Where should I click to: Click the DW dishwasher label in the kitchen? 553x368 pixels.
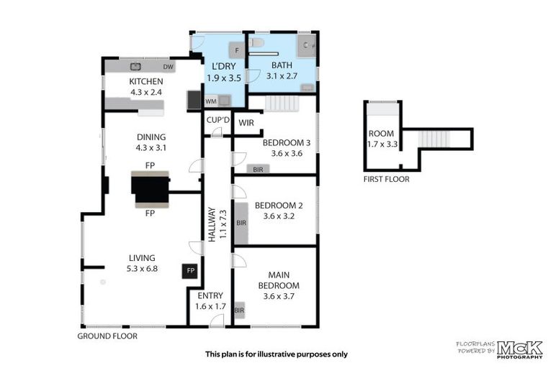coord(168,67)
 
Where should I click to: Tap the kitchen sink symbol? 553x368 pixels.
coord(136,66)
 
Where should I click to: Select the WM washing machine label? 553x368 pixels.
coord(211,101)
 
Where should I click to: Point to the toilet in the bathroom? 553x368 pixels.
coord(256,42)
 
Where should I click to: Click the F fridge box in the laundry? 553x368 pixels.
coord(237,50)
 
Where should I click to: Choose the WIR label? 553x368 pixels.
coord(246,123)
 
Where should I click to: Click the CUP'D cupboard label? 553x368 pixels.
coord(218,120)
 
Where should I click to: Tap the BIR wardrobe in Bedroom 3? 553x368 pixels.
coord(258,170)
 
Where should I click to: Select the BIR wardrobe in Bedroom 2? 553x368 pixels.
coord(241,224)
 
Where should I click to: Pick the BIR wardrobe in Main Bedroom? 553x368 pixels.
coord(240,310)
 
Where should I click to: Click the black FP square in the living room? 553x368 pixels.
coord(190,271)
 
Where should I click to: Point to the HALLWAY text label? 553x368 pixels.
coord(212,224)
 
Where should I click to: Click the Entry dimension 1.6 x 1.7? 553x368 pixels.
coord(210,306)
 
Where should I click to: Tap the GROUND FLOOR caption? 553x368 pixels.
coord(107,336)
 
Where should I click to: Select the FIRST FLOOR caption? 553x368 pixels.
coord(387,179)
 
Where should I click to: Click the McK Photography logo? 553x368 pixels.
coord(520,350)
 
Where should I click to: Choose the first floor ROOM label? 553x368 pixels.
coord(381,134)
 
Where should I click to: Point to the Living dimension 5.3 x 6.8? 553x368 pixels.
coord(142,269)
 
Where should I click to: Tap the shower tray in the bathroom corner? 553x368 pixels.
coord(307,46)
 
